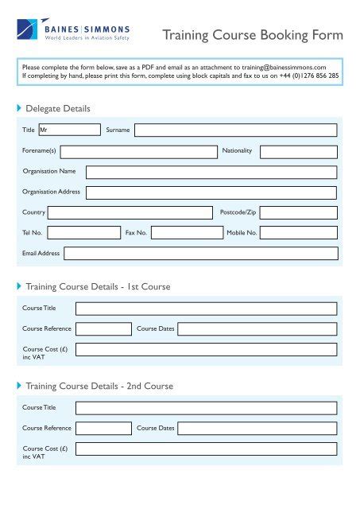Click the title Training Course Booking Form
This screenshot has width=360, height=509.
click(253, 35)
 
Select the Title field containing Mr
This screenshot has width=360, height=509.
click(68, 130)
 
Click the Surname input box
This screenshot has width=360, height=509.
click(235, 130)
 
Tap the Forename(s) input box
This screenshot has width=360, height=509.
click(138, 151)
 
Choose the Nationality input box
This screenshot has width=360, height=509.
click(298, 151)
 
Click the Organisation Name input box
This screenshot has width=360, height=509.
click(211, 172)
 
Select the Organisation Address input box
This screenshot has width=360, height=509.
click(211, 192)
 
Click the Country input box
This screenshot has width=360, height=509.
click(130, 212)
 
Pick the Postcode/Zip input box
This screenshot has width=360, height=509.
click(298, 212)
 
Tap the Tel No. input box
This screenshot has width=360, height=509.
click(83, 233)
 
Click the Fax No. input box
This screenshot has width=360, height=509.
click(187, 233)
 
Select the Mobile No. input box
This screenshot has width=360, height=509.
click(298, 233)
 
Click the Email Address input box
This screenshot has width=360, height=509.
click(200, 254)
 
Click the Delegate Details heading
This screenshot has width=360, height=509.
click(58, 108)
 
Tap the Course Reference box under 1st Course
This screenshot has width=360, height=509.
click(103, 328)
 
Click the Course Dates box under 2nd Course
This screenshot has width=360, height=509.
click(257, 428)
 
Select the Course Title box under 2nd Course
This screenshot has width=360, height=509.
click(206, 408)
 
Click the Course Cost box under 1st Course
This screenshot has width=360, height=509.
click(206, 349)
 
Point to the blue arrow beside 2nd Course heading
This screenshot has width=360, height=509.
click(19, 386)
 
